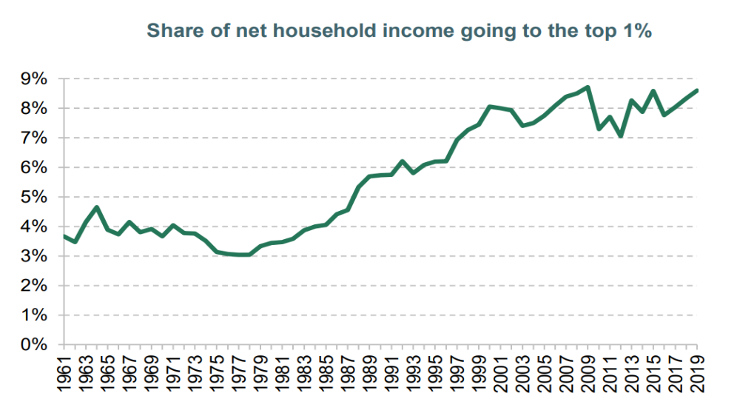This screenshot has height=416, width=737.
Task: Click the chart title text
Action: point(399,31)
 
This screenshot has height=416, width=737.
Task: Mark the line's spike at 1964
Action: point(97,207)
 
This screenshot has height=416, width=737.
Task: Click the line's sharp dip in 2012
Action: point(621,136)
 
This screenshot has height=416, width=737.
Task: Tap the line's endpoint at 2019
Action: point(697,90)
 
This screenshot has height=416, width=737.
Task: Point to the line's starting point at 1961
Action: point(64,236)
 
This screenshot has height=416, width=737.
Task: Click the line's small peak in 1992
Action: point(403,161)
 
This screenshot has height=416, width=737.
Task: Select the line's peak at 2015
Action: point(653,91)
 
